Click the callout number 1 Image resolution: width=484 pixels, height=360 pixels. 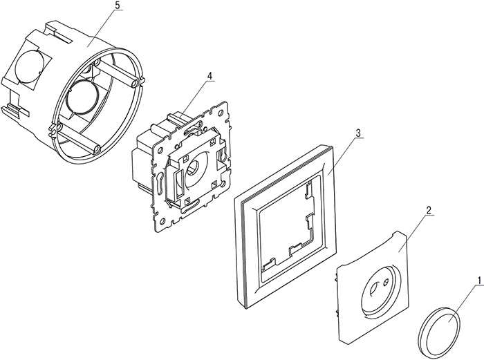(476, 281)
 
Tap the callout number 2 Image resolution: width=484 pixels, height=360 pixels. (429, 209)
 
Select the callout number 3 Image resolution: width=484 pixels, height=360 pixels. (357, 132)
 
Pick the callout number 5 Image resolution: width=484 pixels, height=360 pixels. (117, 6)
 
